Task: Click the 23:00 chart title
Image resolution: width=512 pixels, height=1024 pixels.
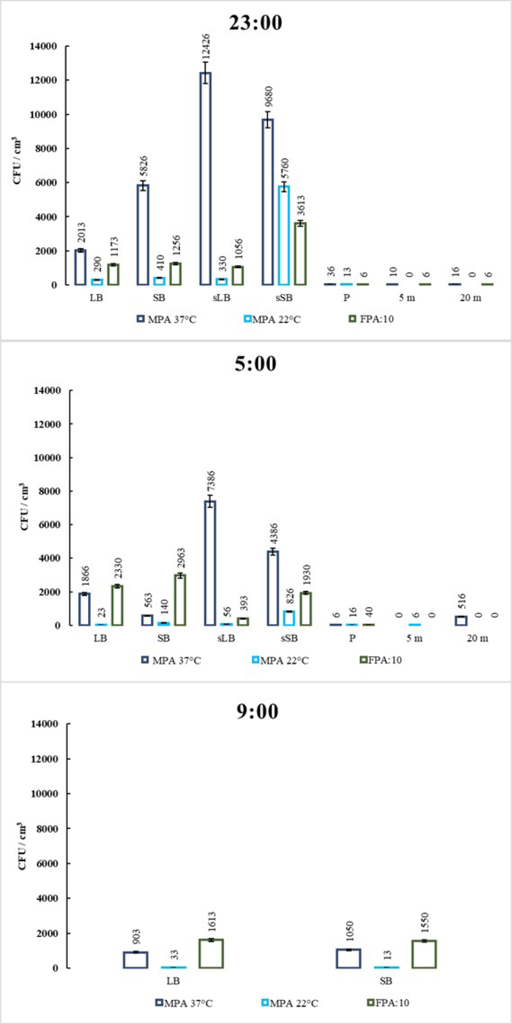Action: pos(255,23)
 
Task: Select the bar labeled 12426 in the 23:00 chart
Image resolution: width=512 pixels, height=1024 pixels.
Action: pos(205,179)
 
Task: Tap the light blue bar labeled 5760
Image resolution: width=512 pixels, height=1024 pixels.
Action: pos(284,235)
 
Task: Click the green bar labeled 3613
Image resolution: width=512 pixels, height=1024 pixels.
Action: pos(300,253)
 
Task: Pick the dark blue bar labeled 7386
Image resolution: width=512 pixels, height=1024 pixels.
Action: pos(210,563)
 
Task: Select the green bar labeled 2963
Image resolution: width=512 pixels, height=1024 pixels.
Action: pos(180,600)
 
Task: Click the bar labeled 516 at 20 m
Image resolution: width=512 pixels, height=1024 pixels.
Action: pos(461,621)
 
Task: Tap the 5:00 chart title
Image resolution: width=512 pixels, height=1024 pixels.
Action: pos(255,364)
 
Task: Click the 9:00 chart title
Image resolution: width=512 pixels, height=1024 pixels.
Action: pos(257,712)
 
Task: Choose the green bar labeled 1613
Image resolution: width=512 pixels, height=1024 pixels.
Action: pos(211,953)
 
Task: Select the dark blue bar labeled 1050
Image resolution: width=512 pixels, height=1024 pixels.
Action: pos(349,959)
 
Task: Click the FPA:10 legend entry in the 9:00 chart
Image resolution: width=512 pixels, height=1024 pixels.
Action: pos(388,1003)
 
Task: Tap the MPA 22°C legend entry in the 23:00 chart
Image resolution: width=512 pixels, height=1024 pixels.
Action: pos(272,319)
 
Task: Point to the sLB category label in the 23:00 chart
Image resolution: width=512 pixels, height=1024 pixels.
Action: pos(221,298)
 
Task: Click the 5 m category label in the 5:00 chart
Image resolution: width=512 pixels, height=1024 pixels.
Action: pos(414,639)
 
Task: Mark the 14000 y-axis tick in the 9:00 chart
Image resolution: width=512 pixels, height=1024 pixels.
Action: pos(45,724)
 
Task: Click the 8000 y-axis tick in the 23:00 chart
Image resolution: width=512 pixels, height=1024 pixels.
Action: pos(43,149)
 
